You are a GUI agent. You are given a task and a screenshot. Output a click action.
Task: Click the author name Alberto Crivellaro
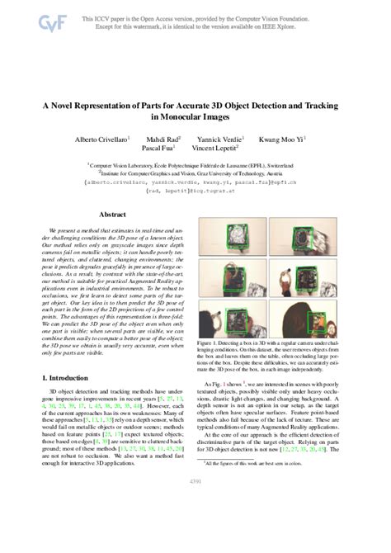click(113, 139)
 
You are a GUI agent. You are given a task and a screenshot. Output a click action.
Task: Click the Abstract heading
click(111, 214)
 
